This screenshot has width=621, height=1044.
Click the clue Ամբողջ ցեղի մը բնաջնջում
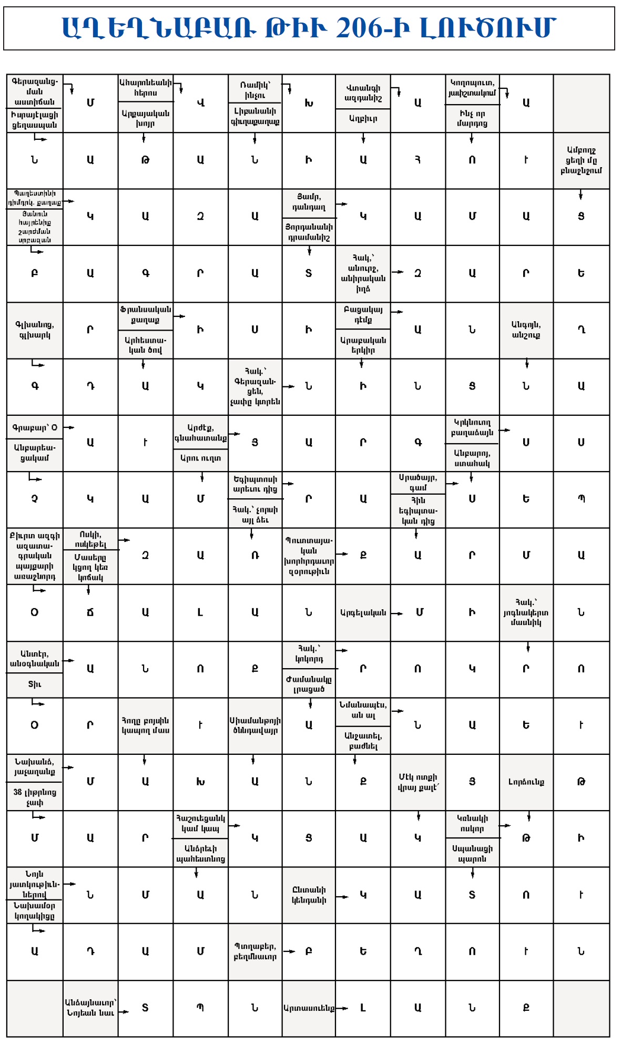point(581,160)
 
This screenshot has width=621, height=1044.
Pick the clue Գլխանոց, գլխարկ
point(35,330)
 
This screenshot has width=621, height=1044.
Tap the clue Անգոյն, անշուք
point(526,330)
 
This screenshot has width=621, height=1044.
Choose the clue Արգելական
point(363,612)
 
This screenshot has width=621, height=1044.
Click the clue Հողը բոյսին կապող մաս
point(146,725)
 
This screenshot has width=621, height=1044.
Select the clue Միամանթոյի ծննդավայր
point(255,725)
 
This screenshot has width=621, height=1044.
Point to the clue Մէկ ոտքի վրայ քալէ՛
point(418,782)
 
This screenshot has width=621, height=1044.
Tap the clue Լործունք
point(526,782)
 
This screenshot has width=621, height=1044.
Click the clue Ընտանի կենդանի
point(309,895)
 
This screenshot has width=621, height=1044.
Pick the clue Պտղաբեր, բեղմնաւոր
point(255,951)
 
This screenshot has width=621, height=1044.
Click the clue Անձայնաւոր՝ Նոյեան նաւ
point(90,1008)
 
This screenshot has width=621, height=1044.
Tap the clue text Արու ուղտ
point(200,458)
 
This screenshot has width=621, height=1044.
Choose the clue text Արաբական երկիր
point(363,345)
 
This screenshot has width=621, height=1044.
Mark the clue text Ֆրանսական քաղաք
point(145,315)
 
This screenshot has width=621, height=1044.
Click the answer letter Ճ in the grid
point(90,612)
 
